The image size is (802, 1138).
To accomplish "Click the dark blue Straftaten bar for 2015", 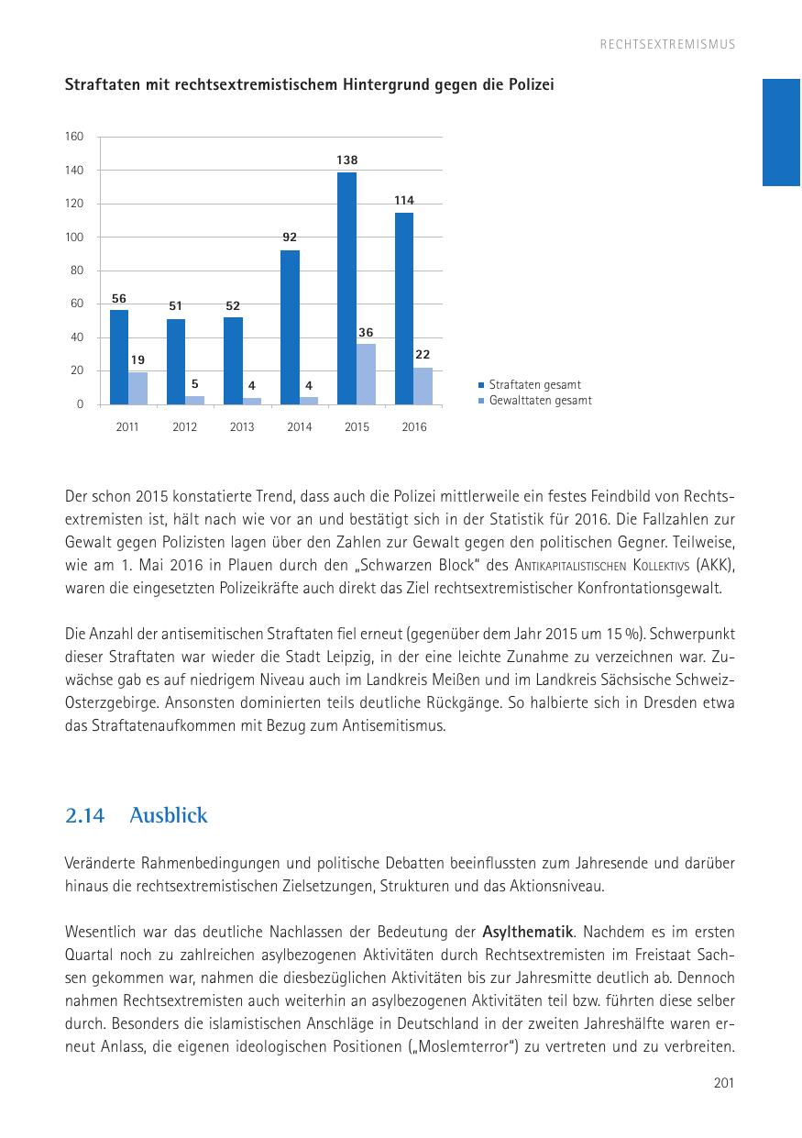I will [346, 288].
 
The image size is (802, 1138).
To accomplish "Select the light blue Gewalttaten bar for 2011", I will [137, 388].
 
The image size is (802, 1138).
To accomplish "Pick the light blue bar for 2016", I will [423, 386].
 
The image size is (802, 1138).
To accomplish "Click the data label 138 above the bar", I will [346, 160].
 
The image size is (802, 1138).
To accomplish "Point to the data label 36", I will [366, 332].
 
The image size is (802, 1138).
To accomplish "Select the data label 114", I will [403, 200].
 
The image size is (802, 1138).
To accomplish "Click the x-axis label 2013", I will [242, 427].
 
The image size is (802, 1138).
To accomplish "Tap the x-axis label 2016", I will [413, 427].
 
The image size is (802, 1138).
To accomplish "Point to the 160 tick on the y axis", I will [74, 137].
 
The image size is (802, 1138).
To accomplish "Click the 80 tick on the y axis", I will [77, 271].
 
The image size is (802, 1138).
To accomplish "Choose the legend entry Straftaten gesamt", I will [534, 385].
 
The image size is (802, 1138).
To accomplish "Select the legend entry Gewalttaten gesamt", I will [540, 401].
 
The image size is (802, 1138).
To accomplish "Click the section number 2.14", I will [84, 815].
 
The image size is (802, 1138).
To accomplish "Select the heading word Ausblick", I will [169, 815].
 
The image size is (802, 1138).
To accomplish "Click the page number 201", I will [724, 1084].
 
